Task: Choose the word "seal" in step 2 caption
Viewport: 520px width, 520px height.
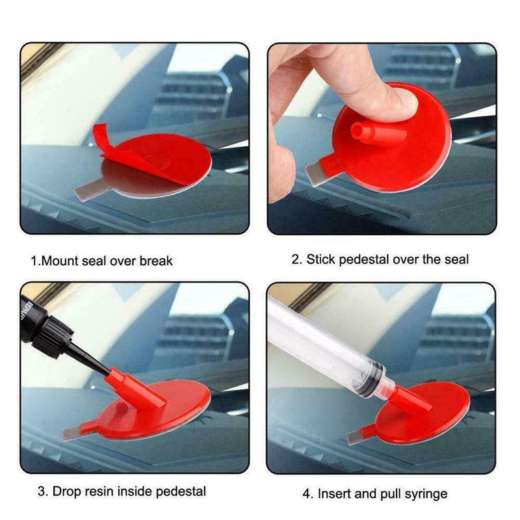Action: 456,259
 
